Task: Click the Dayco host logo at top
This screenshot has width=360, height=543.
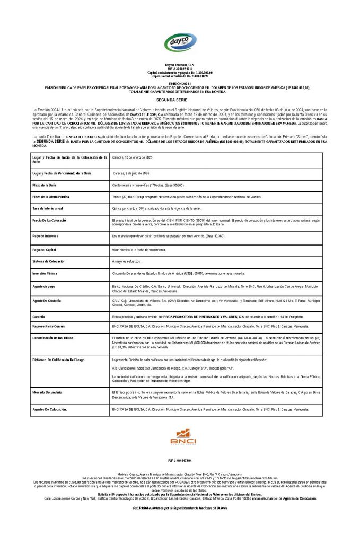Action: [180, 42]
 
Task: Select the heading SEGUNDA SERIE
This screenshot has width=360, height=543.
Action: [180, 99]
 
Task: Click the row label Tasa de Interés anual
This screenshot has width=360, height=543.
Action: [48, 209]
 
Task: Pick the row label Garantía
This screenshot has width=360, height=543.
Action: [41, 316]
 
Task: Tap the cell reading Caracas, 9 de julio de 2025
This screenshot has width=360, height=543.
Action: [131, 173]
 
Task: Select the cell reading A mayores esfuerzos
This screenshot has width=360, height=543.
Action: [127, 261]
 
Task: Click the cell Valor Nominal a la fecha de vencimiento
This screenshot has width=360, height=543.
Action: [139, 249]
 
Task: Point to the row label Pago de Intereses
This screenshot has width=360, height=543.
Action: [47, 235]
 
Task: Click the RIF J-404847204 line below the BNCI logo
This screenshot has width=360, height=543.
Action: [180, 460]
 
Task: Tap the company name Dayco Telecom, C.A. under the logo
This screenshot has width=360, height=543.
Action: [180, 64]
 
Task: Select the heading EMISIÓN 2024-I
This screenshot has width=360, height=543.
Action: [180, 84]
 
